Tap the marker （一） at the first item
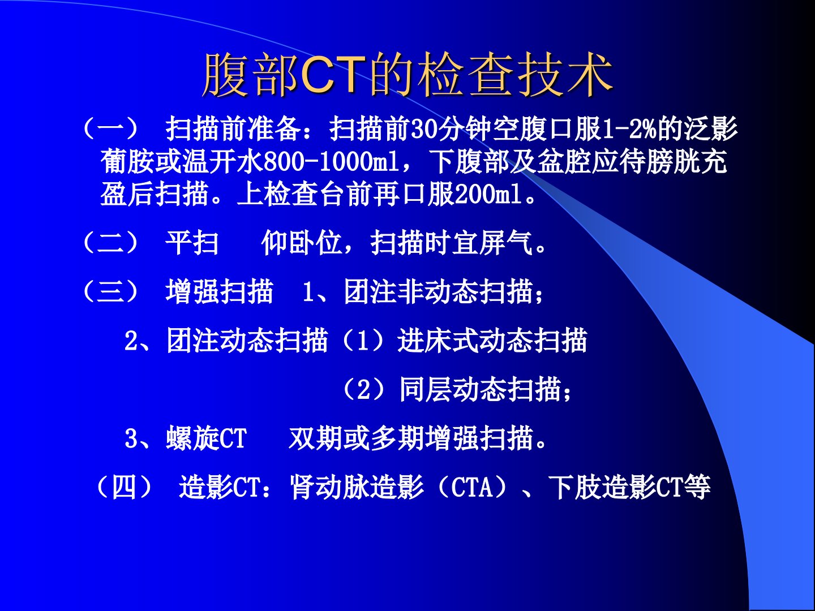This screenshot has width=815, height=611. tap(110, 129)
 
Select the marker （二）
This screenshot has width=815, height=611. tap(110, 243)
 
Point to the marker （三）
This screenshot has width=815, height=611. tap(110, 291)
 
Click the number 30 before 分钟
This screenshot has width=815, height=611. tap(424, 129)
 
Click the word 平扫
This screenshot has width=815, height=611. tap(192, 243)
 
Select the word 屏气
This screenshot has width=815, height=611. tap(506, 243)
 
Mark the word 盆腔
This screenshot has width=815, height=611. tap(564, 162)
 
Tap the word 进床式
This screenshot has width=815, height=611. tap(438, 341)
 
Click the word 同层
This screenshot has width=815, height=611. tap(426, 389)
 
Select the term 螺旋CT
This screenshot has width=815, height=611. tap(207, 438)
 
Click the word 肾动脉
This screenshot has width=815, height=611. tap(330, 487)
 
